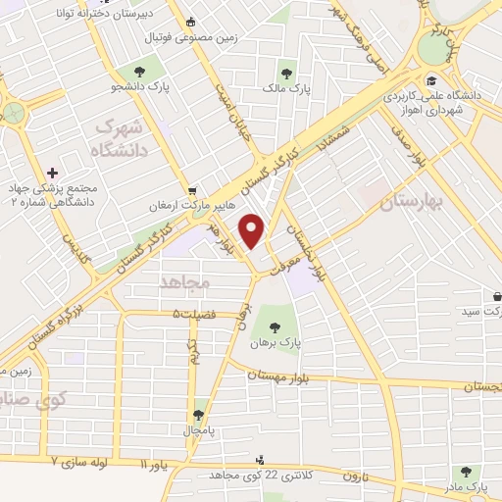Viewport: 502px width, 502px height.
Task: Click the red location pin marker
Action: pos(253,229)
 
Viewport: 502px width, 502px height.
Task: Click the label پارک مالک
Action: pos(287,90)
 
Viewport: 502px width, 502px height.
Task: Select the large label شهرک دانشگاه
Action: pos(123,139)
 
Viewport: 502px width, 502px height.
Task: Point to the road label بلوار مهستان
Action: pos(284,374)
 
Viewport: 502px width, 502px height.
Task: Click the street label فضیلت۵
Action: pos(189,315)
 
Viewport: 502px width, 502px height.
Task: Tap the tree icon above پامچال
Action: pos(199,415)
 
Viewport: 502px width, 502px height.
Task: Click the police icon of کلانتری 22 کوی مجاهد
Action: pos(260,459)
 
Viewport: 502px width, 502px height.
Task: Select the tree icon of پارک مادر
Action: pos(465,472)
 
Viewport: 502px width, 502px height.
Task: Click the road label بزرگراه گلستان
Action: pos(40,315)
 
